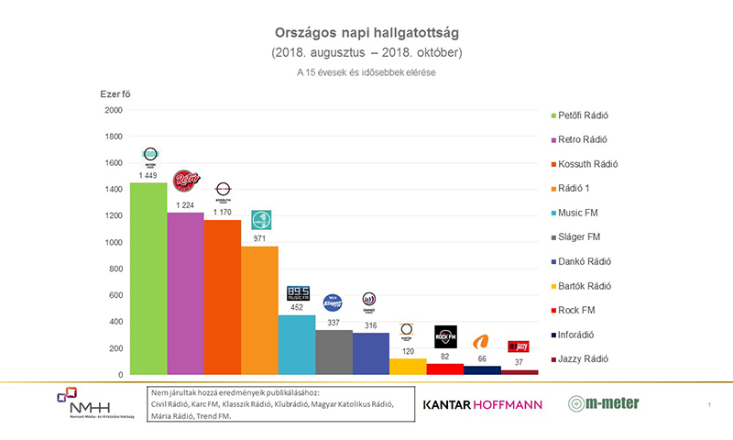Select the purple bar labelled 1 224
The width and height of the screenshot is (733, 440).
click(x=185, y=293)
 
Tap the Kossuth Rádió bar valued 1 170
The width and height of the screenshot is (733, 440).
click(x=222, y=297)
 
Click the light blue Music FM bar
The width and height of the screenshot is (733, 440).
click(x=297, y=345)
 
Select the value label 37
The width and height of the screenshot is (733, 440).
click(x=520, y=362)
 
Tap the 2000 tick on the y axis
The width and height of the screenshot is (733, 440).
click(x=114, y=110)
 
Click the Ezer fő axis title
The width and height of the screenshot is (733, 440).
click(x=116, y=93)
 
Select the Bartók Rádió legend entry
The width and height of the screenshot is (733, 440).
click(x=585, y=285)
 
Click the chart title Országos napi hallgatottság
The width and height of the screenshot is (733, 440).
click(x=366, y=34)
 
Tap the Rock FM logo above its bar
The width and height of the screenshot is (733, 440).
click(x=445, y=336)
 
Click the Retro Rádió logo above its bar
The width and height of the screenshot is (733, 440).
click(x=187, y=181)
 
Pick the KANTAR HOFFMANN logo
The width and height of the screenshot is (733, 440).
click(x=482, y=404)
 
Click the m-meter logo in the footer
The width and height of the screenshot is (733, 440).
click(x=603, y=403)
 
